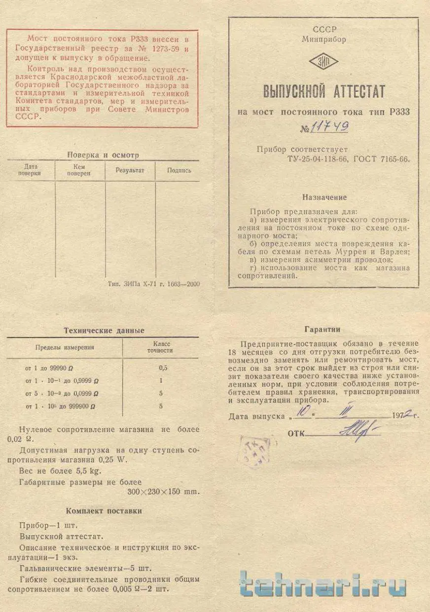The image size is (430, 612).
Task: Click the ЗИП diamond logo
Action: (323, 62)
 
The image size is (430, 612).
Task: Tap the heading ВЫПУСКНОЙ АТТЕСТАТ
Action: (324, 92)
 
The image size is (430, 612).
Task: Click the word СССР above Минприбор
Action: (324, 30)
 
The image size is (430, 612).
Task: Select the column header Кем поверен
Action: (79, 170)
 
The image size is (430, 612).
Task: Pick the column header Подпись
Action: (179, 170)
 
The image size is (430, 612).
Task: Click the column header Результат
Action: (130, 170)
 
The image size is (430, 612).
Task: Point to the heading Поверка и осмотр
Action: (103, 155)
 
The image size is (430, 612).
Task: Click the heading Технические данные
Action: (104, 331)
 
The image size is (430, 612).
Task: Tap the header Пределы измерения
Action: (64, 347)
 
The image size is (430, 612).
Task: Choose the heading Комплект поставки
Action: (104, 511)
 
